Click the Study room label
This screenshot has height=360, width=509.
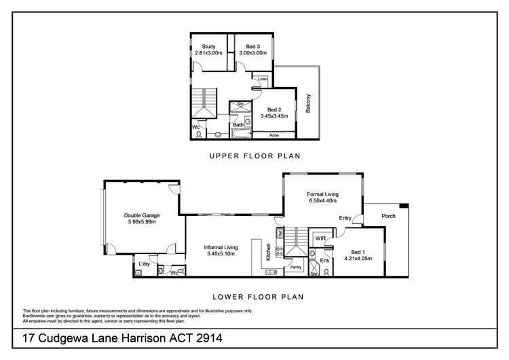(208, 47)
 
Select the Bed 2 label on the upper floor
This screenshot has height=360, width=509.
(274, 109)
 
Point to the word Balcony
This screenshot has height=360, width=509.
(308, 103)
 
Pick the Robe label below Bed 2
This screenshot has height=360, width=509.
(274, 134)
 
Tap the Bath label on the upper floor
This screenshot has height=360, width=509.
(238, 125)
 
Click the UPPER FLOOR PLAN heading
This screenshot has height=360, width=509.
(254, 156)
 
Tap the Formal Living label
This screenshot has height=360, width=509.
(323, 194)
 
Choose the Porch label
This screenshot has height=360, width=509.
(389, 217)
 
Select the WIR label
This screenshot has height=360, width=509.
(320, 238)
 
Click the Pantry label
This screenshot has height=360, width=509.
(295, 268)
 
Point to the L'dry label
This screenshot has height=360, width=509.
(144, 263)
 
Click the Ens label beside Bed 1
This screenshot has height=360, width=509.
(324, 259)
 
